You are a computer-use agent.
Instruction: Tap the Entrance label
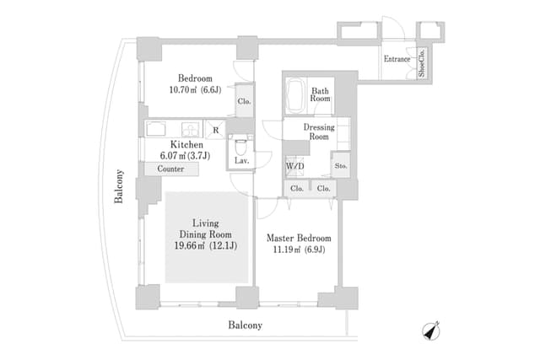pos(397,59)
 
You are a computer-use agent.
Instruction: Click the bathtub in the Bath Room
pos(296,95)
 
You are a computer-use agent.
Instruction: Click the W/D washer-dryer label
pos(295,166)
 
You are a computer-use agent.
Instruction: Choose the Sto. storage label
pos(340,166)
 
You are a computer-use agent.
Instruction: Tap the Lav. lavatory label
pos(240,159)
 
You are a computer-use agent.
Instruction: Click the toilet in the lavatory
pos(240,142)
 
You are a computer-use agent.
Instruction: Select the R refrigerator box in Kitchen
pos(216,130)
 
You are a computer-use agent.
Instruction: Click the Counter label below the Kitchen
pos(171,169)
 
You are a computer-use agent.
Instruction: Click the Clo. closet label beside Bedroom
pos(244,101)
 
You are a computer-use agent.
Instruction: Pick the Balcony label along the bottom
pos(246,325)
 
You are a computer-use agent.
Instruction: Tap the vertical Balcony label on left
pos(120,186)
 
